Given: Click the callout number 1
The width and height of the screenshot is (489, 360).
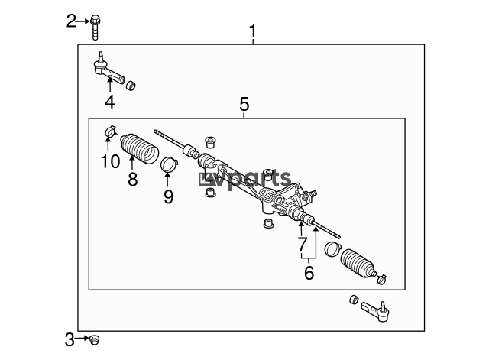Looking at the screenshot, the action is [253, 31].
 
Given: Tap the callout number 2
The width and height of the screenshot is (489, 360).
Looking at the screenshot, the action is [71, 21].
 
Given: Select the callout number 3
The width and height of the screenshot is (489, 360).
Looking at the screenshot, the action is [70, 339].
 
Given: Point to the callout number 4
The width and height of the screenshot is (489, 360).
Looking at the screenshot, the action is [110, 102].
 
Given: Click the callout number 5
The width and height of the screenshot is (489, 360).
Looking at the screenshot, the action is [244, 104].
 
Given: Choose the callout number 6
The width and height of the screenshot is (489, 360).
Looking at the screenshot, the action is [309, 273].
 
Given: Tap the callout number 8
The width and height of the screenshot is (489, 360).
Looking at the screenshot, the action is [132, 179].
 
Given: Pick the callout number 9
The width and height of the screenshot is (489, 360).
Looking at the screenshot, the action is [168, 196].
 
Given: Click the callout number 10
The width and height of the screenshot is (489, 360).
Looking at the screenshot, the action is [110, 161].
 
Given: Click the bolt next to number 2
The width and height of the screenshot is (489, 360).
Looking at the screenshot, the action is [95, 28].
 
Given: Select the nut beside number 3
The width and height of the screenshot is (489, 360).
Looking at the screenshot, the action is [94, 339].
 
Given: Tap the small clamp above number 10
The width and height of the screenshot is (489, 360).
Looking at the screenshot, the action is [110, 131].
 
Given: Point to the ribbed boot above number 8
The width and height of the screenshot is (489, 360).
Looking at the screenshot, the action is [139, 148].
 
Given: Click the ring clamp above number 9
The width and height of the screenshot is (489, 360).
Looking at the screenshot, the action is [169, 164].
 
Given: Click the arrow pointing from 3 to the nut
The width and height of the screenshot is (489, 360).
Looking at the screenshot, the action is [82, 338].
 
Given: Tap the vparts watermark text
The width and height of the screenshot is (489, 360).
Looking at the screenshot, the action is [244, 179].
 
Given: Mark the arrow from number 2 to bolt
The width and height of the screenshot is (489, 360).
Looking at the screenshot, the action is [83, 21].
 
